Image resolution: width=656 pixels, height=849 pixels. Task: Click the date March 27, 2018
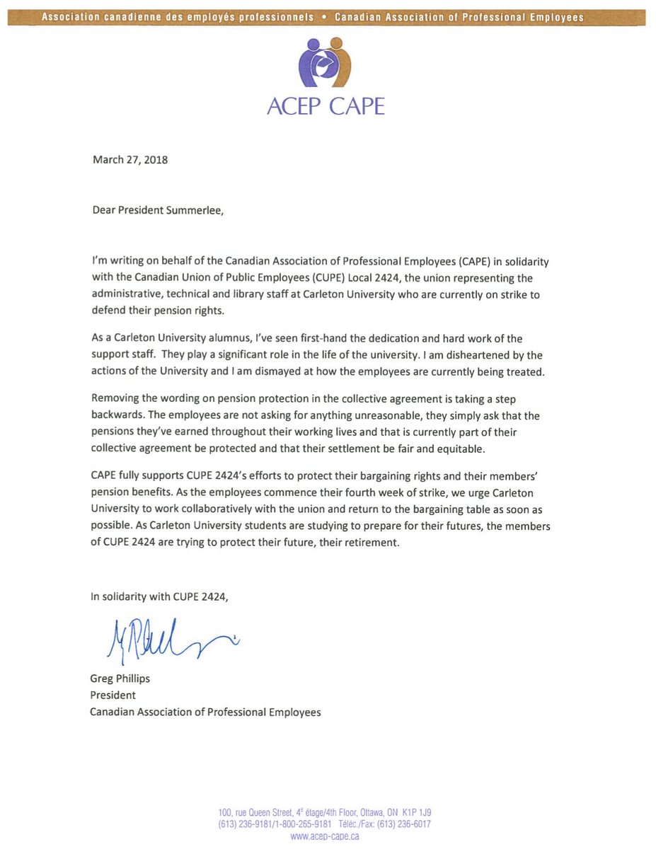point(130,160)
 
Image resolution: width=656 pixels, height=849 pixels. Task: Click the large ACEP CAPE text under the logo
point(326,106)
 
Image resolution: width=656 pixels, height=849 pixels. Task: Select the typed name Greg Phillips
point(120,678)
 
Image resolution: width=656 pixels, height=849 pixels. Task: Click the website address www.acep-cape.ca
point(325,836)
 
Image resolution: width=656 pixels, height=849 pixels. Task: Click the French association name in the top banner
point(178,17)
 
